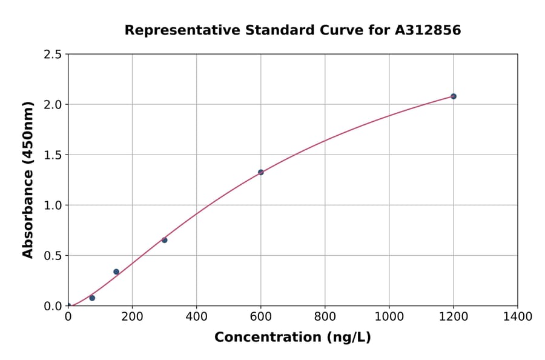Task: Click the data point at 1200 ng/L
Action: pos(453,96)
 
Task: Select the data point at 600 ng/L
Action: pos(260,172)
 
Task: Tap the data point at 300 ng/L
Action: pos(164,240)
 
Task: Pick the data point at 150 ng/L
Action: pos(116,272)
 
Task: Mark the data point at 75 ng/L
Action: pos(92,298)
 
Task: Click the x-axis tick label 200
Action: pos(132,316)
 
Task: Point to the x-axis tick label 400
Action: pos(196,316)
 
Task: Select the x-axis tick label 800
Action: pos(325,316)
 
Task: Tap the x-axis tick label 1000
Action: pos(389,316)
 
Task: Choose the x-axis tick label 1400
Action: pos(517,316)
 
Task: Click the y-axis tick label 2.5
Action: pos(53,55)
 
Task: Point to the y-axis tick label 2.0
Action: pos(53,105)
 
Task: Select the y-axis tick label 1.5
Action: pos(53,155)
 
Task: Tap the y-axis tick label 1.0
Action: pos(53,205)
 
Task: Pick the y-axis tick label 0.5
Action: pos(53,256)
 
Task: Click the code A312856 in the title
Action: pos(428,30)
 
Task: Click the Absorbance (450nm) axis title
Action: pos(28,180)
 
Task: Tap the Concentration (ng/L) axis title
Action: pos(292,338)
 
